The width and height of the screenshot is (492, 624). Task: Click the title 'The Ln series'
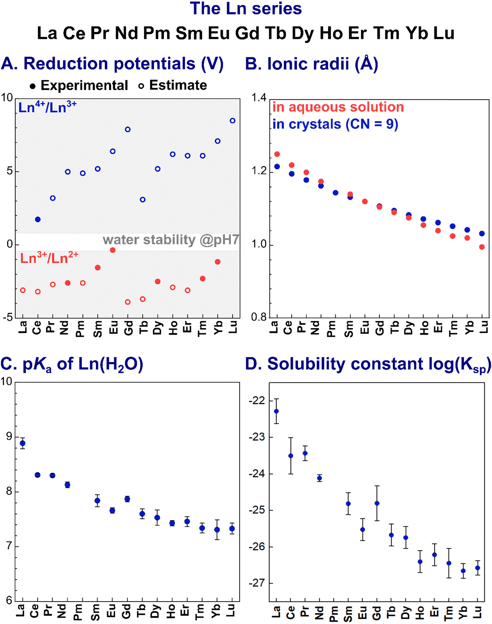click(x=246, y=9)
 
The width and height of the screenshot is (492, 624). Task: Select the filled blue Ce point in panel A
click(x=38, y=219)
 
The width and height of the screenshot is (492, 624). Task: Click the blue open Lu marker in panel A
click(x=233, y=121)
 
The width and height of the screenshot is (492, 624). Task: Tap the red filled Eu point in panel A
click(x=113, y=250)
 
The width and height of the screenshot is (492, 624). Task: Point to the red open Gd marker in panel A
click(x=128, y=302)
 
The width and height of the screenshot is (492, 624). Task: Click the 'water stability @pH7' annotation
click(x=171, y=240)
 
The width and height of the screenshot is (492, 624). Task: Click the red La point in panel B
click(x=277, y=154)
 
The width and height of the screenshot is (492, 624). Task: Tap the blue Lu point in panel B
click(x=482, y=234)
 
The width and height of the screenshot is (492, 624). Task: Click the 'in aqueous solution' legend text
click(x=338, y=107)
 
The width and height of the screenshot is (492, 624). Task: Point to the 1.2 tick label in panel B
click(x=259, y=171)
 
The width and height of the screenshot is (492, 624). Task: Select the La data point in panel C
click(x=22, y=443)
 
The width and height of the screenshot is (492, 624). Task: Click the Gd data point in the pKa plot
click(x=127, y=499)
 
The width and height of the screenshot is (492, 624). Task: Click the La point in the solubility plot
click(x=276, y=411)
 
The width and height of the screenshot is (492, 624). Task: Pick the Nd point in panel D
click(x=319, y=478)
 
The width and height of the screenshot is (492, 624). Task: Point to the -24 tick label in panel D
click(x=257, y=474)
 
